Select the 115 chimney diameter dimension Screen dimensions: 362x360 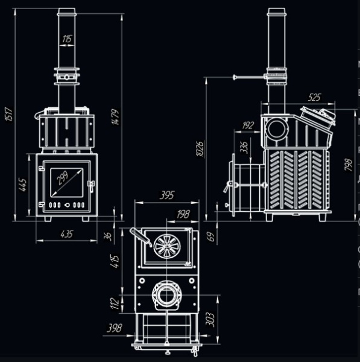coord(67,39)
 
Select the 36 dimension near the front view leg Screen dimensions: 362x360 coord(109,236)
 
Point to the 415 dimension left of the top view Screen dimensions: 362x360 coord(118,261)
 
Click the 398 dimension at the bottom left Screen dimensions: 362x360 coord(113,329)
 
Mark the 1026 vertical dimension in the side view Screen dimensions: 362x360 coord(200,148)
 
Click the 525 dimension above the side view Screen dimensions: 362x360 coord(314,97)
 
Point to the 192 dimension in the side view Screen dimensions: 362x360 coord(247,125)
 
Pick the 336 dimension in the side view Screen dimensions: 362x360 coord(244,147)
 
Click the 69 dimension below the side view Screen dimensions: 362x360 coord(210,236)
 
